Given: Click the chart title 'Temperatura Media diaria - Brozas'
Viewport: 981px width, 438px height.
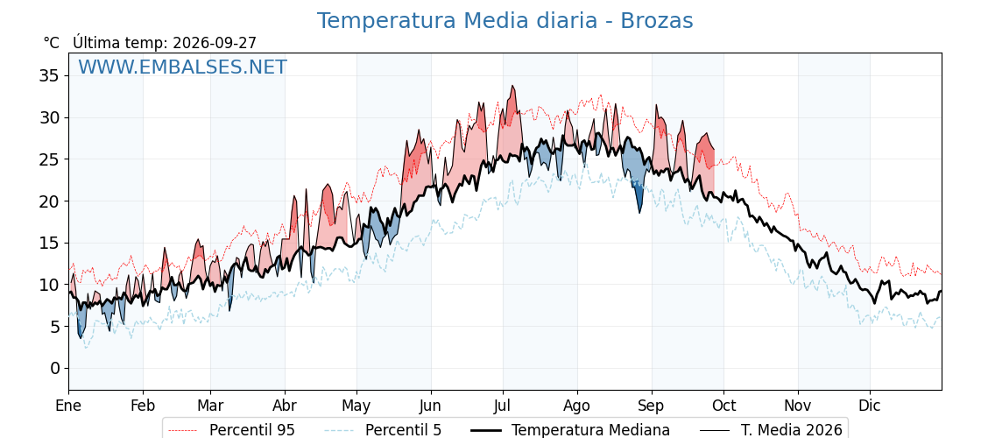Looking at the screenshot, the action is (505, 21).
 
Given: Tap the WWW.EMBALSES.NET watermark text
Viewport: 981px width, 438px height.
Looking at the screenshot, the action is (182, 67).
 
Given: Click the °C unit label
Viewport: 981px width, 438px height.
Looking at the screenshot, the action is (52, 43).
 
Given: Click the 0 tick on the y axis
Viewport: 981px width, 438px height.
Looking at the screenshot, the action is (55, 368).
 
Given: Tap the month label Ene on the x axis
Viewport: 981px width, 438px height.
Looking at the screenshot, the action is (68, 406).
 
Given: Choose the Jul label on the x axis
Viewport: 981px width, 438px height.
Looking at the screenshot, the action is (503, 406).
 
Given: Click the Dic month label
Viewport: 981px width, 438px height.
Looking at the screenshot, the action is (870, 406).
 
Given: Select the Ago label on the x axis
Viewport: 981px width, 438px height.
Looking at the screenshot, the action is (576, 406).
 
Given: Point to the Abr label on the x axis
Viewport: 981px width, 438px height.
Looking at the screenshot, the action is (285, 406).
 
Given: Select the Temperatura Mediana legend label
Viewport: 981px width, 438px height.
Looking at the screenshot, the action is (590, 430).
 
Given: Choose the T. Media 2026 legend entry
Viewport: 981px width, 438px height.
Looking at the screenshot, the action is (792, 430).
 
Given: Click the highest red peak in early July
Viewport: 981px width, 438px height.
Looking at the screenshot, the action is (513, 87).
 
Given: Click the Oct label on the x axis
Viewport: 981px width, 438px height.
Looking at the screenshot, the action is (724, 406).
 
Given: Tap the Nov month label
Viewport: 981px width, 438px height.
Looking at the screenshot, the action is (798, 406).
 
